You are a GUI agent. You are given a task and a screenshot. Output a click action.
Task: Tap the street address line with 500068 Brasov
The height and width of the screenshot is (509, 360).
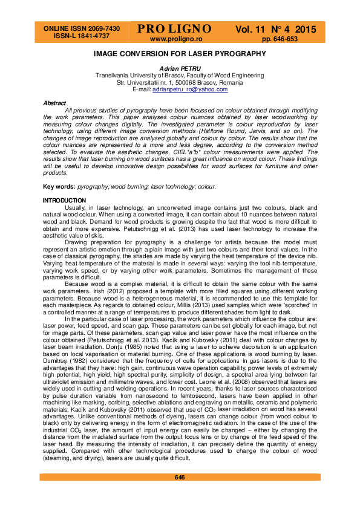click(180, 82)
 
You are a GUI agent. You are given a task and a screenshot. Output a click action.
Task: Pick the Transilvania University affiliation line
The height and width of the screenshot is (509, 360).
click(180, 76)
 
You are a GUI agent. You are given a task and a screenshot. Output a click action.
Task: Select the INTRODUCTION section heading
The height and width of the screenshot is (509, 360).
click(64, 200)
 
